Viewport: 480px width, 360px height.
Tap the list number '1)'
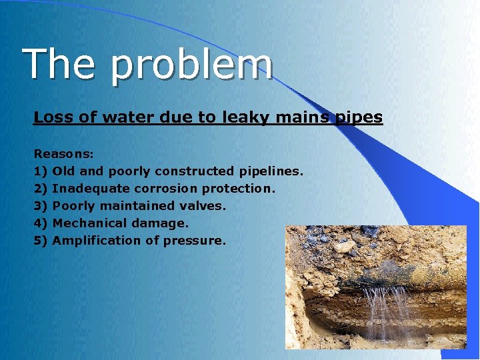click(40, 171)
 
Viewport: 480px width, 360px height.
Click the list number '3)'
click(40, 206)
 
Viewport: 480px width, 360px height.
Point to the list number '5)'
click(40, 241)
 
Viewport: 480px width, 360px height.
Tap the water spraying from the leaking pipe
click(389, 307)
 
